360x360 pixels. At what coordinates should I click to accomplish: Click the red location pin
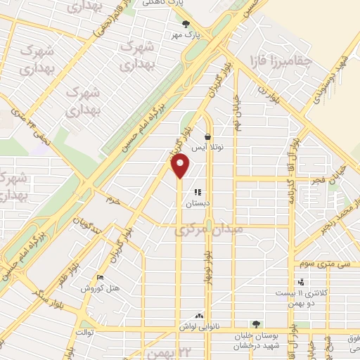[x=181, y=166]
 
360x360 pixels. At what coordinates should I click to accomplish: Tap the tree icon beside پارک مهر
[x=186, y=23]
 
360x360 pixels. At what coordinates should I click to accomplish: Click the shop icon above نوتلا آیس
[x=207, y=136]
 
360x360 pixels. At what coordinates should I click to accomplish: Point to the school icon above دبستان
[x=198, y=191]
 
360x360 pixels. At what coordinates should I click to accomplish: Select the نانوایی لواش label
[x=197, y=327]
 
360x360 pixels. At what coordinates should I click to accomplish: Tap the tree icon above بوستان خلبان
[x=257, y=324]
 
